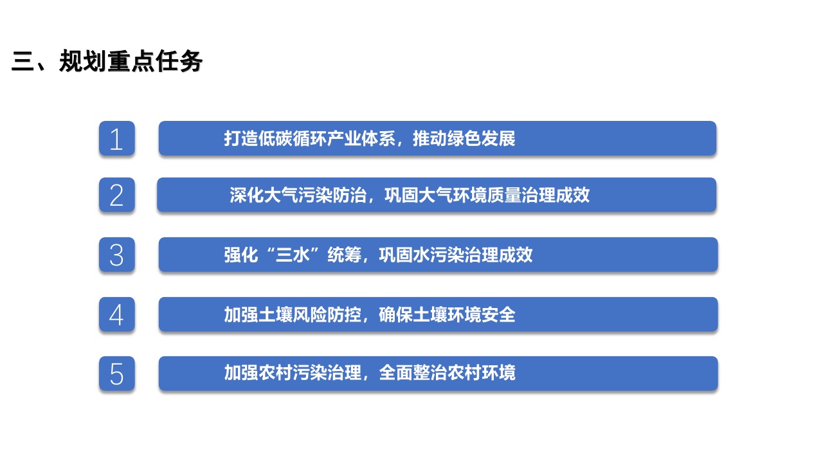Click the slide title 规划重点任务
tap(131, 62)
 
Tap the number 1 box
tap(116, 138)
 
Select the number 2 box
tap(116, 195)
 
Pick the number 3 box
tap(116, 255)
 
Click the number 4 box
tap(116, 314)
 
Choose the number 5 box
tap(116, 374)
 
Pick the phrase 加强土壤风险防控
tap(293, 315)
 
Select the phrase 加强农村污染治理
tap(293, 373)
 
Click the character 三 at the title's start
tap(22, 62)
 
